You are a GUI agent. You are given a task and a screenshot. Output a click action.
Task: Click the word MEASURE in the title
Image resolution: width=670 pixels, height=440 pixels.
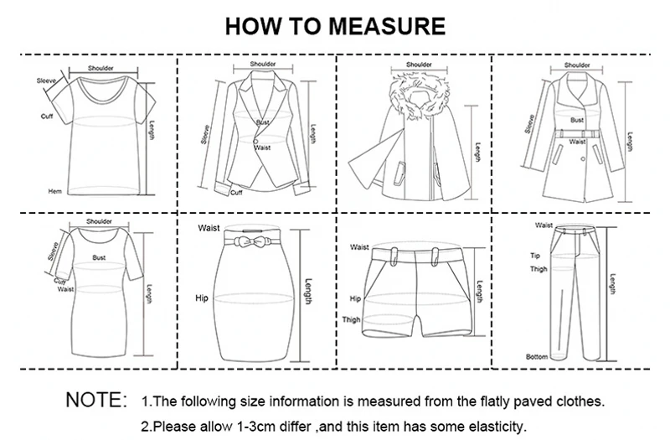point(385,27)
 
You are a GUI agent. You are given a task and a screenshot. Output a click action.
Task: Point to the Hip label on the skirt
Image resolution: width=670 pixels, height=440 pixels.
point(201,298)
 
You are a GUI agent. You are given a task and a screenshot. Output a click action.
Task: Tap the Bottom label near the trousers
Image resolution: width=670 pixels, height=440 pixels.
point(536,357)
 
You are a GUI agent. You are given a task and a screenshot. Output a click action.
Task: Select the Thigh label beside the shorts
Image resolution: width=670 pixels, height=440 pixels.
point(351,320)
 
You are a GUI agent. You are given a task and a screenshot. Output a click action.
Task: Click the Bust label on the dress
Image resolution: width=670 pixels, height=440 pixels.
point(99,258)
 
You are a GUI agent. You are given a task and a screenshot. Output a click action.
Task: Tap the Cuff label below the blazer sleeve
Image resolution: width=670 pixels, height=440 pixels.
point(236,192)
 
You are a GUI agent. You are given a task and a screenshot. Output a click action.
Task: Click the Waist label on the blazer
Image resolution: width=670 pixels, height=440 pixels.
point(263,148)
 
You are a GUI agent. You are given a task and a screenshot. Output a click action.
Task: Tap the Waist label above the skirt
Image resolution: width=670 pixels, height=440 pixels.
point(209,228)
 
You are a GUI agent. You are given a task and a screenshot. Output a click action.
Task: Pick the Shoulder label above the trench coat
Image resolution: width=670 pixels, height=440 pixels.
point(577,65)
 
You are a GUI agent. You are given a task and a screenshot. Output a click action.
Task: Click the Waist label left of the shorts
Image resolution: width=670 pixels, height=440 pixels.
point(360,247)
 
